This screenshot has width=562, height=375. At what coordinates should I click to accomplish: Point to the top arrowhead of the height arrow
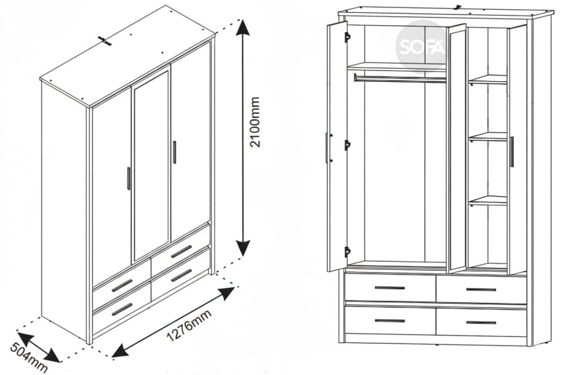[243, 28]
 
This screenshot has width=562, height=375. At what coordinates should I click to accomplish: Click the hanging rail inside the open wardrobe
[400, 79]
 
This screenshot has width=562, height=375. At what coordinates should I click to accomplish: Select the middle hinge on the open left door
[347, 145]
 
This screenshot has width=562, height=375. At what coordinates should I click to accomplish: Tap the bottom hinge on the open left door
[347, 252]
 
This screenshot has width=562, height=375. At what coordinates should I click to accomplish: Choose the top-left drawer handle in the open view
[390, 288]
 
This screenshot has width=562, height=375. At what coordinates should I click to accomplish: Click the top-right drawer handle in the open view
[481, 290]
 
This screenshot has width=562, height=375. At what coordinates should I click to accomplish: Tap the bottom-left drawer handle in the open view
[390, 321]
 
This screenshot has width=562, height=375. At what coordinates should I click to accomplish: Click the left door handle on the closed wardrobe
[129, 179]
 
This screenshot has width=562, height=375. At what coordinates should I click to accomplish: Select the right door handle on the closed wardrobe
[174, 152]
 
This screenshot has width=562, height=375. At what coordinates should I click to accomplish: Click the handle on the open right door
[511, 151]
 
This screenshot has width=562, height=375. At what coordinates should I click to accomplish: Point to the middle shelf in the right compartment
[488, 136]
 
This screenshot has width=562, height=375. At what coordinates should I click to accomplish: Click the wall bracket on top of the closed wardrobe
[104, 41]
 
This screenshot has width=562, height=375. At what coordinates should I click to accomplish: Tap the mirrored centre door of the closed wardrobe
[151, 166]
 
